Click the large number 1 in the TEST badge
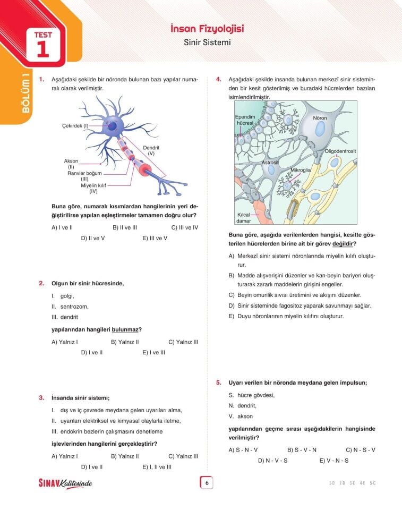(x=42, y=48)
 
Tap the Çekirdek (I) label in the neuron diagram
(x=75, y=125)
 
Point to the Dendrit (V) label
(x=151, y=150)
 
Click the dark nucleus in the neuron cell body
(x=113, y=126)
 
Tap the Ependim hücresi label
(x=245, y=120)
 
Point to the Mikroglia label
(x=300, y=171)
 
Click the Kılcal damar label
(x=244, y=217)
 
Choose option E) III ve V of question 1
(x=155, y=238)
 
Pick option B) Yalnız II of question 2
(x=125, y=342)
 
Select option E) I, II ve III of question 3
(x=157, y=467)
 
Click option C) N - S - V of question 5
(x=360, y=449)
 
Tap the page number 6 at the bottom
(x=206, y=483)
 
